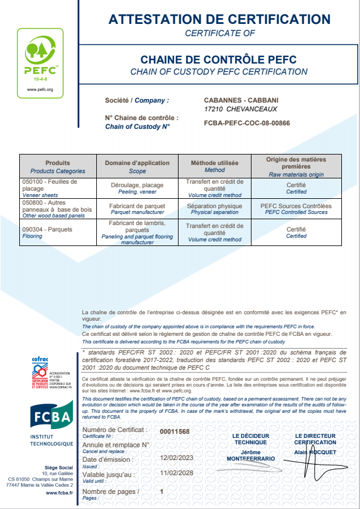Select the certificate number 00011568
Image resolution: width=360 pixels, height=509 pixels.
pos(174,431)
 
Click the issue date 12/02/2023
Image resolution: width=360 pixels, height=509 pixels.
pos(176,458)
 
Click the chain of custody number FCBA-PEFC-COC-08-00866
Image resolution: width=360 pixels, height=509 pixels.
pos(247,124)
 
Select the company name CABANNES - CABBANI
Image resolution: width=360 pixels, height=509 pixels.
pos(242,100)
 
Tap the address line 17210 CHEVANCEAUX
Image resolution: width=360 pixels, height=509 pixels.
pos(241,109)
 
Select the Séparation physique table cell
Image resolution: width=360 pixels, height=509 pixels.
pos(215,209)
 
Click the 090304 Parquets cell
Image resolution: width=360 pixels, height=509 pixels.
pos(47,229)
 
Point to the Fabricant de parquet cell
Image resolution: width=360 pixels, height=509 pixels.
pos(137,209)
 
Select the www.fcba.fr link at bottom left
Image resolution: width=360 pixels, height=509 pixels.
pos(59,493)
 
